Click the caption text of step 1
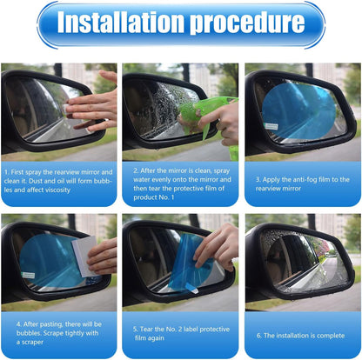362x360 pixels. coord(59,174)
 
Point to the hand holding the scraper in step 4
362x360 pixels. coord(103,255)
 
